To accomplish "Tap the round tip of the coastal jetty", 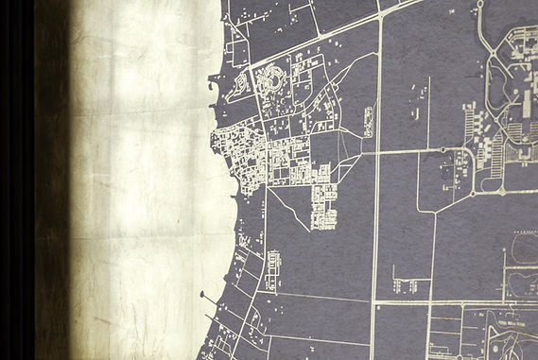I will click(x=201, y=294).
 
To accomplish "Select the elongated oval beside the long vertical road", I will click(x=368, y=120).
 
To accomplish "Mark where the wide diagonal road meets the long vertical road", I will click(x=380, y=17).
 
